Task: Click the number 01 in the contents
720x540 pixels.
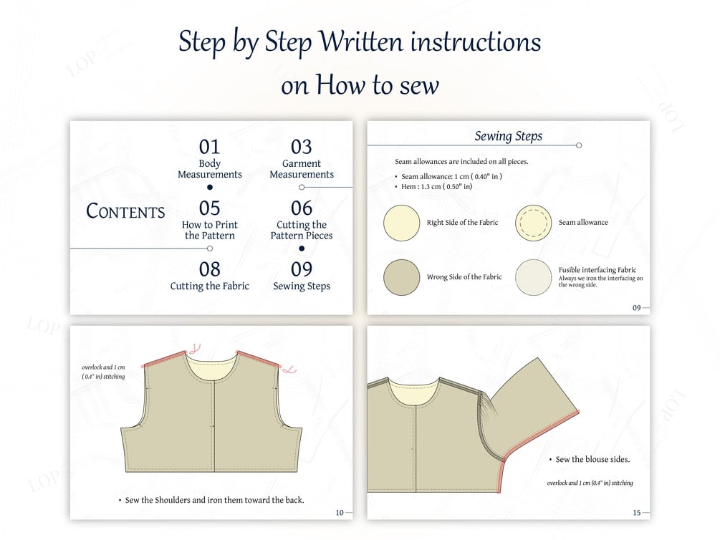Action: [209, 147]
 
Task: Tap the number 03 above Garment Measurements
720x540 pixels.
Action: [301, 147]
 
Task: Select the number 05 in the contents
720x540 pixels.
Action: [209, 208]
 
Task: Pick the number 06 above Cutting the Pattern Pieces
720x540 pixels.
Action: [301, 208]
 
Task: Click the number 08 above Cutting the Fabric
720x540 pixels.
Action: [209, 269]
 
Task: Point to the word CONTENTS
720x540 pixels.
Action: [125, 211]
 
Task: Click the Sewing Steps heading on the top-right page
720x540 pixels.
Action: [509, 136]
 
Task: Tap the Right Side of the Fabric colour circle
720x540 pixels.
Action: [402, 223]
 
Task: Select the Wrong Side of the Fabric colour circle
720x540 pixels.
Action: [402, 277]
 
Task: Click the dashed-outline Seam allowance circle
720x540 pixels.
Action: [533, 223]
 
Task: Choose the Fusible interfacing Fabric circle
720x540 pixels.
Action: [533, 277]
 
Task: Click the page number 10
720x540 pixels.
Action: [340, 513]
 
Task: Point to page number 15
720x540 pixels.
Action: [636, 513]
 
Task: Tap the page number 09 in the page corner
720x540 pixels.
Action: [636, 308]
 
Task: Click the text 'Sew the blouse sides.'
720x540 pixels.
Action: [592, 459]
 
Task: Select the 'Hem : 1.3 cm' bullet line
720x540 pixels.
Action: [436, 186]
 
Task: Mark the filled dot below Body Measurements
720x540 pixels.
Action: [210, 187]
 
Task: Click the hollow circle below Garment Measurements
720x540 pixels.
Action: [302, 187]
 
